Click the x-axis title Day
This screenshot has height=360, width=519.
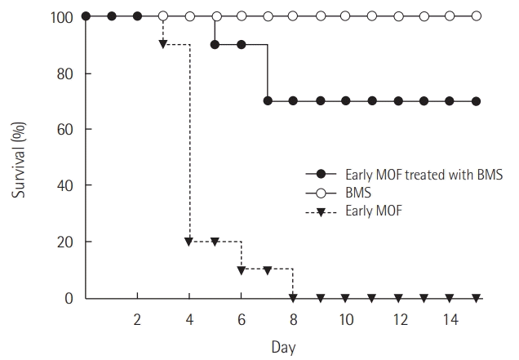click(283, 346)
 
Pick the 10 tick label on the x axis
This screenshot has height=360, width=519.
click(346, 318)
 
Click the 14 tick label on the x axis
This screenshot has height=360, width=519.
click(450, 318)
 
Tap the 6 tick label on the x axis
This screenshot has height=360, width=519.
click(242, 318)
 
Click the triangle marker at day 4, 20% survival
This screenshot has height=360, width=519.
click(189, 242)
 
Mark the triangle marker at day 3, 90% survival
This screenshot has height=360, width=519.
click(163, 44)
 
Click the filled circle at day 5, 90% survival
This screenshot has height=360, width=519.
click(215, 44)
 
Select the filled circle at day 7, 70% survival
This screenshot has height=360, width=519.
click(268, 101)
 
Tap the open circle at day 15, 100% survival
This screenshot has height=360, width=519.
click(477, 16)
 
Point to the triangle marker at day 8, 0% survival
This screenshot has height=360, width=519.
click(294, 298)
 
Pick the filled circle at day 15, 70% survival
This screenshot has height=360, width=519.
click(477, 101)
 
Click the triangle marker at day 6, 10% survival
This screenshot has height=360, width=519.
click(242, 270)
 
